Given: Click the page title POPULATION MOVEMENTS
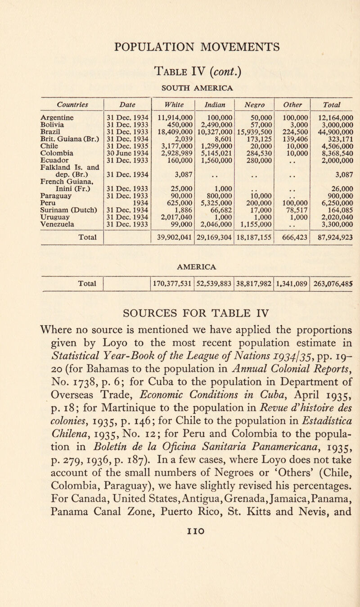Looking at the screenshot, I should click(x=180, y=46).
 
